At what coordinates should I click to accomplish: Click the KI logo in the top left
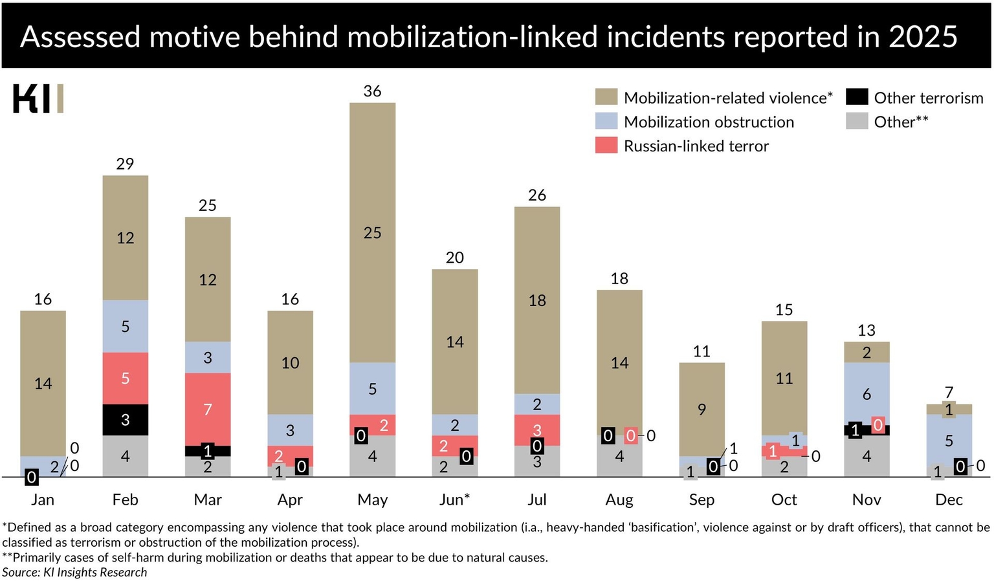tap(38, 98)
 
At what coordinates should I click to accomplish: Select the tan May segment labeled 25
tap(372, 232)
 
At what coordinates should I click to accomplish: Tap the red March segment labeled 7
tap(208, 409)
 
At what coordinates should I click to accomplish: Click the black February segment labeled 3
tap(125, 419)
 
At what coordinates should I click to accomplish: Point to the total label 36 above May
tap(372, 91)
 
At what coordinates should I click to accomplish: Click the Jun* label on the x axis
tap(454, 499)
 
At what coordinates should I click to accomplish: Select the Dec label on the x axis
tap(949, 499)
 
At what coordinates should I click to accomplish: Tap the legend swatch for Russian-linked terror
tap(606, 146)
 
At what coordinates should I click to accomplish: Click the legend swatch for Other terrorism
tap(857, 97)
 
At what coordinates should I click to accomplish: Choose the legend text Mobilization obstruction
tap(709, 122)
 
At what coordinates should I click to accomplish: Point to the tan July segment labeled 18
tap(537, 300)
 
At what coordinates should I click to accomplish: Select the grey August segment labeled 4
tap(619, 456)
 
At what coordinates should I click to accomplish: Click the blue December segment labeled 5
tap(949, 440)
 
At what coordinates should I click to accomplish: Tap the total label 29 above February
tap(125, 164)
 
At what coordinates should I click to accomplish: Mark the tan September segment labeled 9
tap(701, 409)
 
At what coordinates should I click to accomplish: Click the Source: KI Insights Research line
tap(74, 572)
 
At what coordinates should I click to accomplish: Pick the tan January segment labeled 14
tap(43, 383)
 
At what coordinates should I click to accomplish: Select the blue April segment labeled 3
tap(290, 430)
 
